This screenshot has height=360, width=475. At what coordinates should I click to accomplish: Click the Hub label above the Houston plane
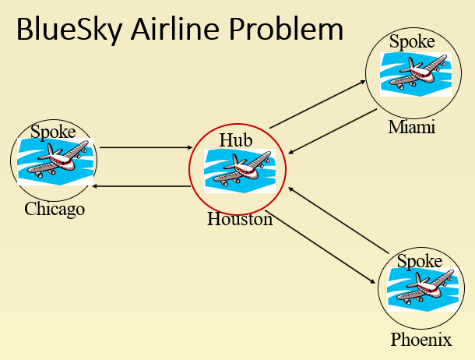tap(237, 139)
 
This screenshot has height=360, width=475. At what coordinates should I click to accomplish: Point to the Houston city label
tap(240, 219)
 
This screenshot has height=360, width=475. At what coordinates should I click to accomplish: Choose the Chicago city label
tap(55, 209)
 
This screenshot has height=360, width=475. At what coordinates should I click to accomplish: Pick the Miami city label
tap(411, 127)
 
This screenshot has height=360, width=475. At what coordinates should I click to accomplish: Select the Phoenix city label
tap(421, 340)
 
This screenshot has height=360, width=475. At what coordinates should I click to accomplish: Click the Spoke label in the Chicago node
tap(53, 131)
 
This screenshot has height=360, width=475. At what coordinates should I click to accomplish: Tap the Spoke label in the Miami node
tap(412, 42)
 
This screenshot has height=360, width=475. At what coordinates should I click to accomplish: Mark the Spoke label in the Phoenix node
tap(420, 262)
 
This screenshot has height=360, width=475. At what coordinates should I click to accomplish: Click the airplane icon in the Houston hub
tap(239, 171)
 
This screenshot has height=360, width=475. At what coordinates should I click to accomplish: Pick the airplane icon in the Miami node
tap(413, 75)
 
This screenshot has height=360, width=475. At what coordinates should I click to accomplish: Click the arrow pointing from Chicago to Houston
tap(146, 146)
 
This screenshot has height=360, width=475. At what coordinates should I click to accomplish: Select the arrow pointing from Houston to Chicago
tap(142, 185)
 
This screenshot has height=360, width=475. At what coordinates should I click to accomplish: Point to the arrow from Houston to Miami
tap(318, 104)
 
